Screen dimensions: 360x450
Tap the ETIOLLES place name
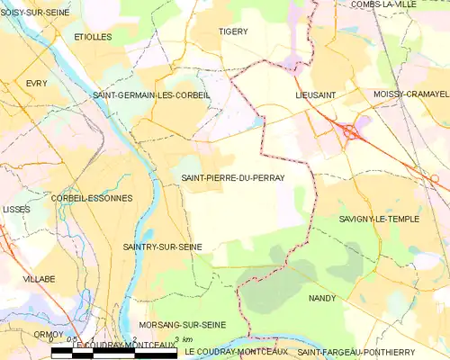pos(93,37)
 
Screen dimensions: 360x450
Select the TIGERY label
pos(233,31)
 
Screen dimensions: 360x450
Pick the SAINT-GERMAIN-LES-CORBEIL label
pos(151,94)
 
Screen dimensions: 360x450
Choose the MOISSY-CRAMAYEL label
pos(410,94)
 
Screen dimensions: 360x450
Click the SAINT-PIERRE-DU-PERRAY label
pos(233,178)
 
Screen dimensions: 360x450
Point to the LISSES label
pos(16,209)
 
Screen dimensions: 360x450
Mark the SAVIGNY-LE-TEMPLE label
pos(380,219)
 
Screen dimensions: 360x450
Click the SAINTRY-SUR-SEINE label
pos(162,247)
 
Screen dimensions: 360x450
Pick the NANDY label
pos(321,298)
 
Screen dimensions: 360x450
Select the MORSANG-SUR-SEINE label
pos(183,325)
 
